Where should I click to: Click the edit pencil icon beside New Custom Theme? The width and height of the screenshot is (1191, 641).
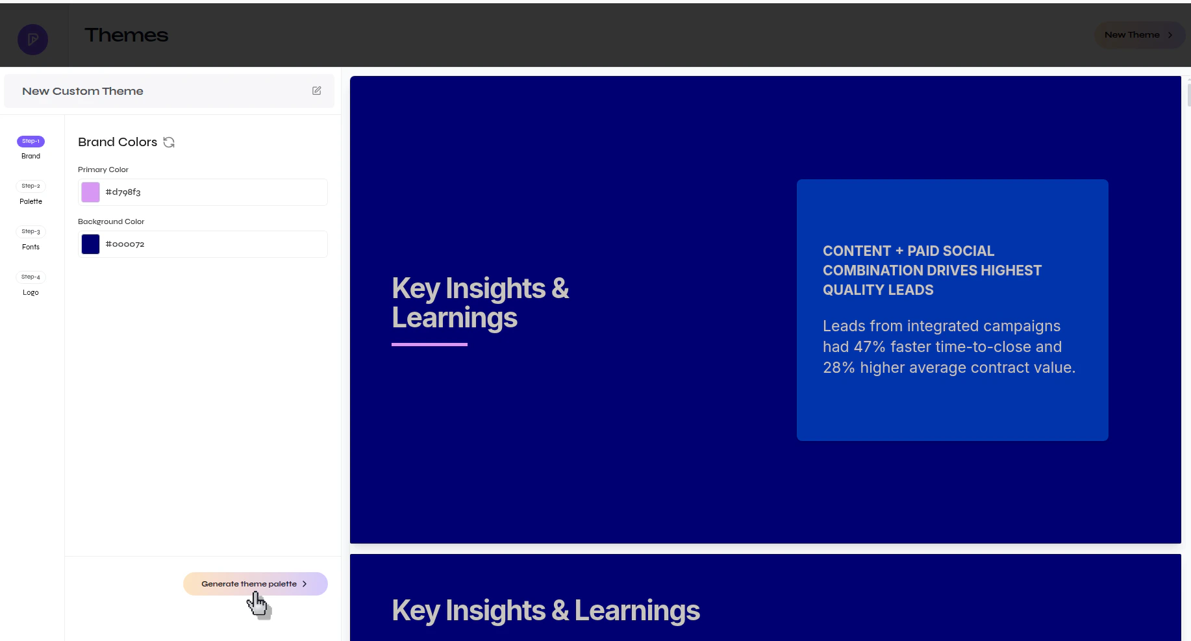coord(316,91)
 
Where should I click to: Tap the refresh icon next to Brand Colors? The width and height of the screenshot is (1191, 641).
coord(169,142)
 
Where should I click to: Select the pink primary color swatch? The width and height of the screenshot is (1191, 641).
coord(90,192)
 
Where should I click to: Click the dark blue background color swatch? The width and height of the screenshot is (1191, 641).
coord(90,244)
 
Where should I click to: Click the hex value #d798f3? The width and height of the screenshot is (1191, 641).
coord(123,192)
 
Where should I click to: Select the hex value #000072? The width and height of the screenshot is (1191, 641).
coord(125,244)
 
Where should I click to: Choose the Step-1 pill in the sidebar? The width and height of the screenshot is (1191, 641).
coord(31,141)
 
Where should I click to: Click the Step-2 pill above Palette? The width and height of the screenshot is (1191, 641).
coord(31,186)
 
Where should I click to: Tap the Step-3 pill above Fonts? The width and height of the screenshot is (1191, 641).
coord(31,231)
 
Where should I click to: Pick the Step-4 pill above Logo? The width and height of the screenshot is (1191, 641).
coord(31,277)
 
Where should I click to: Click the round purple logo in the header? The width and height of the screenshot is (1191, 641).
coord(33,40)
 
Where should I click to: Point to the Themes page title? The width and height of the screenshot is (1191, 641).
coord(127,35)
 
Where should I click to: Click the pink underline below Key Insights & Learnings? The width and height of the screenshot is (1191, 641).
coord(429,344)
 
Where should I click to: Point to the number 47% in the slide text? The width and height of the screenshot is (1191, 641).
coord(870,347)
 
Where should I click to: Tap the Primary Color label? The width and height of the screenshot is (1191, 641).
coord(103,170)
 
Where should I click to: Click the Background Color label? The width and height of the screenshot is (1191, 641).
coord(111,221)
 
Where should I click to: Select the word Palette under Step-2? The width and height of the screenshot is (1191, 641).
coord(31,201)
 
